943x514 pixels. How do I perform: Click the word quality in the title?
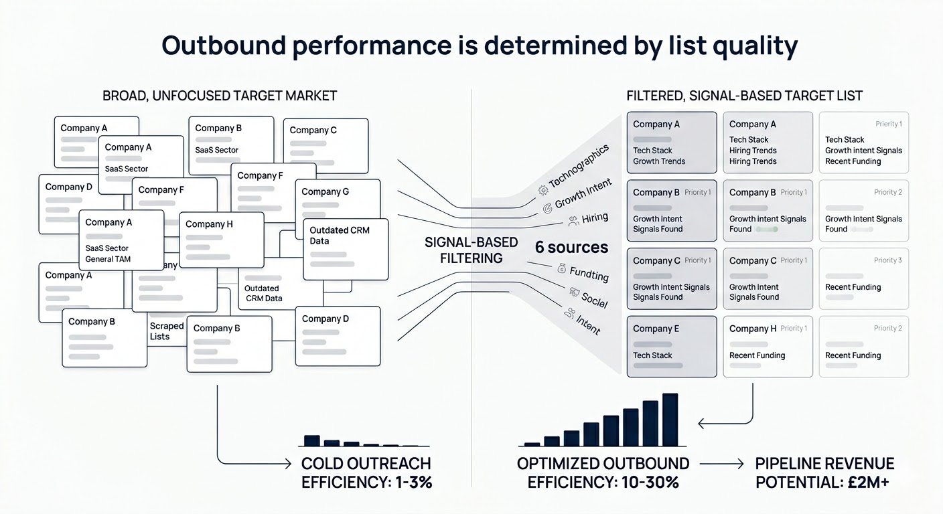(x=750, y=46)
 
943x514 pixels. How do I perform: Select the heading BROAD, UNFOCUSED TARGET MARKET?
(x=220, y=96)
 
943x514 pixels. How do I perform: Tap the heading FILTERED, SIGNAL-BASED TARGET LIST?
(x=744, y=96)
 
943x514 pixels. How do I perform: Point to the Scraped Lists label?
(x=166, y=331)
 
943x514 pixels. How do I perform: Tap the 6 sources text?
(x=571, y=248)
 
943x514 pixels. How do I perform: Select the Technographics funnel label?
(x=579, y=167)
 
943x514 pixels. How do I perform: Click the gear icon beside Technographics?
(x=542, y=190)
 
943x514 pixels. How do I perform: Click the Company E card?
(x=672, y=347)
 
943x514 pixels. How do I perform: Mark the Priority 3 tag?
(x=887, y=260)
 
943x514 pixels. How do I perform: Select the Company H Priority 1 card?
(x=768, y=347)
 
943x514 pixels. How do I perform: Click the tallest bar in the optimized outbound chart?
(x=670, y=419)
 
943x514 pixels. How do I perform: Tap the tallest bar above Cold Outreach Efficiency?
(x=312, y=440)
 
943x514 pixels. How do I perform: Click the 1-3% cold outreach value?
(x=409, y=482)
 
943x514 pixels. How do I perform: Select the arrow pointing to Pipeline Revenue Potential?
(x=721, y=464)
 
